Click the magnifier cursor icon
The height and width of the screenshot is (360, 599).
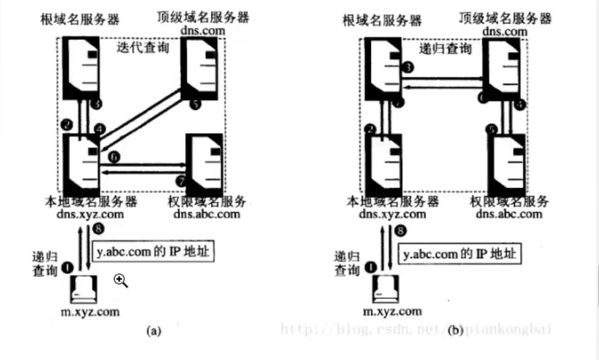click(x=121, y=281)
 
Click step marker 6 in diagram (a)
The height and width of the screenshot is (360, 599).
click(x=115, y=154)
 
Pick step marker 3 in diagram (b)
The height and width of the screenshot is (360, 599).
click(x=408, y=67)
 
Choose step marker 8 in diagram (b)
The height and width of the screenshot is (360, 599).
click(x=401, y=231)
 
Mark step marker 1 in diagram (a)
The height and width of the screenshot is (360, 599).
click(x=67, y=267)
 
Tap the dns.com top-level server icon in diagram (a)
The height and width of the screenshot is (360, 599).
click(x=201, y=69)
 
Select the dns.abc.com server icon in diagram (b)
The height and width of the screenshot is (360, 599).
click(x=506, y=163)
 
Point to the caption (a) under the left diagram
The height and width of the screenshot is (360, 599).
click(x=152, y=330)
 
